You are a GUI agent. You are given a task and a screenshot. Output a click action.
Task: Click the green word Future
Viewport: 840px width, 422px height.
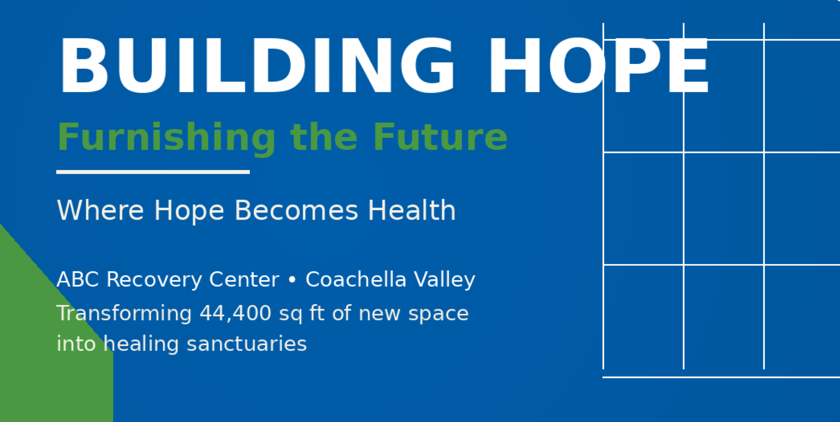pyautogui.click(x=440, y=137)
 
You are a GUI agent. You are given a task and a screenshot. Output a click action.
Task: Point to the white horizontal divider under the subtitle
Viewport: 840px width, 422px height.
pyautogui.click(x=153, y=172)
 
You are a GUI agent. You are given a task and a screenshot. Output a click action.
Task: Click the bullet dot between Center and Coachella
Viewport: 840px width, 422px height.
pyautogui.click(x=292, y=280)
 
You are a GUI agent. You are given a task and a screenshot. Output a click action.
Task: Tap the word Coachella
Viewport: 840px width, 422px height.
pyautogui.click(x=356, y=279)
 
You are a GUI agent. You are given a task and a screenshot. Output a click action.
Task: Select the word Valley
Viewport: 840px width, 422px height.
pyautogui.click(x=444, y=280)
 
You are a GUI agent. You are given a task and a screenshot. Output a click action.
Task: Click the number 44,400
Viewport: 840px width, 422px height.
pyautogui.click(x=235, y=313)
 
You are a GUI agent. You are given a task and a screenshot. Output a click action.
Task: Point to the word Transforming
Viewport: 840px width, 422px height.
pyautogui.click(x=124, y=313)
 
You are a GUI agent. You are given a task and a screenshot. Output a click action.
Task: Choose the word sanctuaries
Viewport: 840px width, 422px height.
pyautogui.click(x=247, y=344)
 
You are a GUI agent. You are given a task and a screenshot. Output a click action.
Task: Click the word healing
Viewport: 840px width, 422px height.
pyautogui.click(x=141, y=344)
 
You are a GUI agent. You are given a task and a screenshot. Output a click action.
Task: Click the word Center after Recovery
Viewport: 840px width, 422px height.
pyautogui.click(x=244, y=280)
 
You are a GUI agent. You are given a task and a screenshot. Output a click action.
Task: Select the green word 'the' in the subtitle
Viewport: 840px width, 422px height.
pyautogui.click(x=324, y=137)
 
